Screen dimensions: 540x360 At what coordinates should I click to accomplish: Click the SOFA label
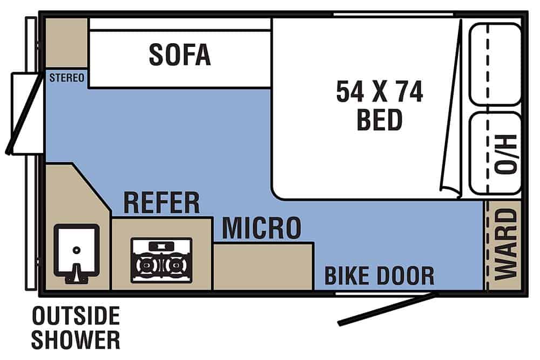click(x=179, y=55)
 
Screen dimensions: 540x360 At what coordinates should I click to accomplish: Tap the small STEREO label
click(x=66, y=78)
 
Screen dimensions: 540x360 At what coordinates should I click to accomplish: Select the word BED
click(x=380, y=119)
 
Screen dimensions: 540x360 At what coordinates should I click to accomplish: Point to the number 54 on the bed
click(x=350, y=92)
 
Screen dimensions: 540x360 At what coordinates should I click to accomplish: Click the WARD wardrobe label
click(x=506, y=244)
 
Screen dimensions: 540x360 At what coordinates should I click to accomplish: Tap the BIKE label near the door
click(x=346, y=275)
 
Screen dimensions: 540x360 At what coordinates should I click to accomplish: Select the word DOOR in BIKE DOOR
click(x=404, y=275)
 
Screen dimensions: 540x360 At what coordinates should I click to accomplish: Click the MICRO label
click(x=262, y=228)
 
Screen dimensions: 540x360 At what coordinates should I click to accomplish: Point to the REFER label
click(x=161, y=203)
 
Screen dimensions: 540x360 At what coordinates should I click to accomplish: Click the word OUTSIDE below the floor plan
click(x=76, y=316)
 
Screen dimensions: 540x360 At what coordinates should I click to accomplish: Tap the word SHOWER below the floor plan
click(x=76, y=339)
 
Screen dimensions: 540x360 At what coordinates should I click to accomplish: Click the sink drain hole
click(x=77, y=250)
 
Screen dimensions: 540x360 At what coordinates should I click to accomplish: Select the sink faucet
click(x=77, y=274)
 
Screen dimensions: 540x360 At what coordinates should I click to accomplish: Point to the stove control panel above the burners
click(x=161, y=246)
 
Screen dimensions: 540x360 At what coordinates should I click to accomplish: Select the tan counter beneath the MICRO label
click(x=264, y=266)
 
